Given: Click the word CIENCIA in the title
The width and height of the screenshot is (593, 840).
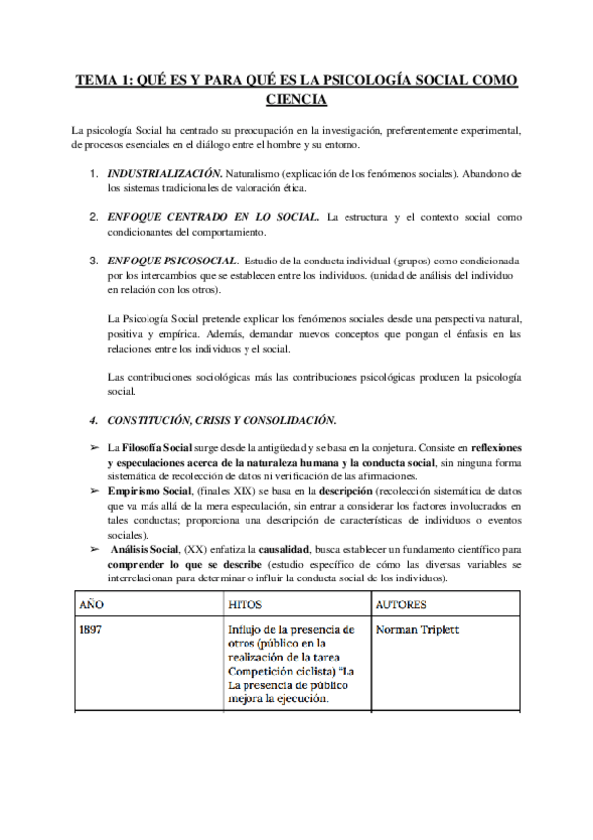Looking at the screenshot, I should click(296, 99).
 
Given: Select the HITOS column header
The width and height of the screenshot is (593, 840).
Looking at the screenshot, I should click(246, 603).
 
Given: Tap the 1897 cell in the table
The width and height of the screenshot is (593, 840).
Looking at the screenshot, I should click(91, 629).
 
